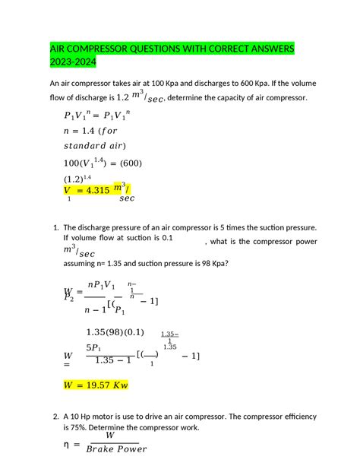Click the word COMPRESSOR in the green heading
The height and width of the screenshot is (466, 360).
coord(100,49)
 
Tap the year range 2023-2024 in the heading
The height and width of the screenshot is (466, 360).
coord(74,63)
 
